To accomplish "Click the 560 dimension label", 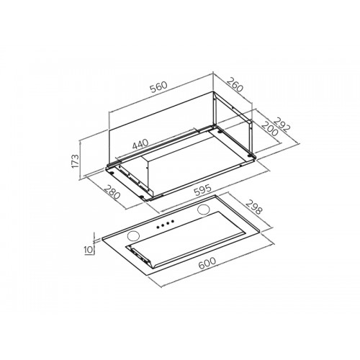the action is tap(158, 87).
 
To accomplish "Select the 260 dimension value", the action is tap(235, 84).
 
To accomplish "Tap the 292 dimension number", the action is tap(282, 125).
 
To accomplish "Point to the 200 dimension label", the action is tap(269, 129).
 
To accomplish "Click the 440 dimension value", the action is tap(140, 144).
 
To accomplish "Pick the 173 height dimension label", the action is tap(75, 161).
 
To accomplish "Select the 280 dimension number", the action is tap(112, 192).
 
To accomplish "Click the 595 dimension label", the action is tap(203, 190).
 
